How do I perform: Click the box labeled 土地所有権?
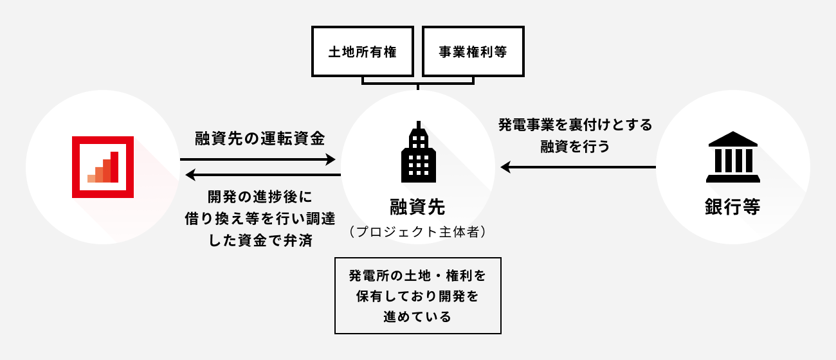click(362, 51)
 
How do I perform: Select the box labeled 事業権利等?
click(473, 51)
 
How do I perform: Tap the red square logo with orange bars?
click(103, 167)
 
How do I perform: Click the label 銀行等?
click(732, 208)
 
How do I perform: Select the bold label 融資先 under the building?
click(417, 207)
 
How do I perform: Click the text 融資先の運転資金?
click(260, 138)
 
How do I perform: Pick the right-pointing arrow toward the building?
click(257, 159)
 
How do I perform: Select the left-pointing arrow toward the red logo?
click(257, 175)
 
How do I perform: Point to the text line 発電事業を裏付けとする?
click(575, 125)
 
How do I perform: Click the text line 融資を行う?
click(575, 146)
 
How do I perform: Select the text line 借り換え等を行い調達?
click(259, 218)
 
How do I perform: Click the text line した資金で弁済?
click(259, 239)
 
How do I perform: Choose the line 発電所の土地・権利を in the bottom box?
click(417, 276)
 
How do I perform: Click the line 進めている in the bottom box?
click(417, 317)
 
